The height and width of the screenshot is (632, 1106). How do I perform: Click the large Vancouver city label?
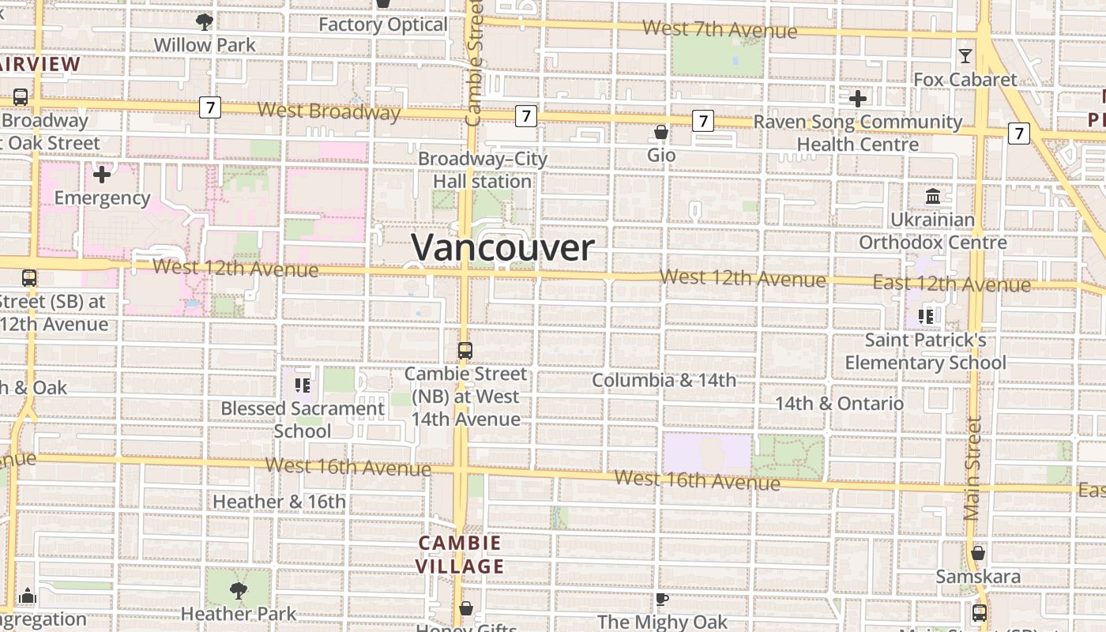coord(502,248)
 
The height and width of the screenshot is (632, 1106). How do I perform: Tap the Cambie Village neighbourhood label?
coord(460,555)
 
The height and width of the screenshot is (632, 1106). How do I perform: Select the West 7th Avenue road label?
coord(720,29)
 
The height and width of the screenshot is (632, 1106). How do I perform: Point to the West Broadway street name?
coord(329,111)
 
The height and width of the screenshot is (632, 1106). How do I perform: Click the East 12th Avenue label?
coord(951,284)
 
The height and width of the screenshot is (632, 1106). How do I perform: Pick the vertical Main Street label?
coord(972,468)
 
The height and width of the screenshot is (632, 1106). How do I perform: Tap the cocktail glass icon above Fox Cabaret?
coord(965,56)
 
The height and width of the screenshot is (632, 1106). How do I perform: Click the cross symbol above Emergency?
coord(102,174)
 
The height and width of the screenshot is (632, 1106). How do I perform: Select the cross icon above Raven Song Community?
coord(858,99)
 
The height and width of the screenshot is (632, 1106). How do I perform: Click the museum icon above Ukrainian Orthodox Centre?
coord(933,196)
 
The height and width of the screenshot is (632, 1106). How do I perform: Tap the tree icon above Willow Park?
coord(205,21)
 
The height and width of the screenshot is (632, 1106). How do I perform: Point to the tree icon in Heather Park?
coord(238,590)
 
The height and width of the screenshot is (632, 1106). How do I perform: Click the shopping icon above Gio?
coord(661,131)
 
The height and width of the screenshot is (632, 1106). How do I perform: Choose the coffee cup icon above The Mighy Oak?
coord(662,600)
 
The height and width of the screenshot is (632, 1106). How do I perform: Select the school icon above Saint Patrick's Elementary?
coord(926,317)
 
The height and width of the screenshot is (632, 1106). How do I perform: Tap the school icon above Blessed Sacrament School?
coord(302,385)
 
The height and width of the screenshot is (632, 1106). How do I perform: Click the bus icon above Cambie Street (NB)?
coord(465,350)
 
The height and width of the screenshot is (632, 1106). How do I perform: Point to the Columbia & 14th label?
coord(664,380)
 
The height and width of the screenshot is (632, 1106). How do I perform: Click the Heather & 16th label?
coord(279,502)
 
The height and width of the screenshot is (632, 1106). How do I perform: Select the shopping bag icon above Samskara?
coord(978,553)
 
